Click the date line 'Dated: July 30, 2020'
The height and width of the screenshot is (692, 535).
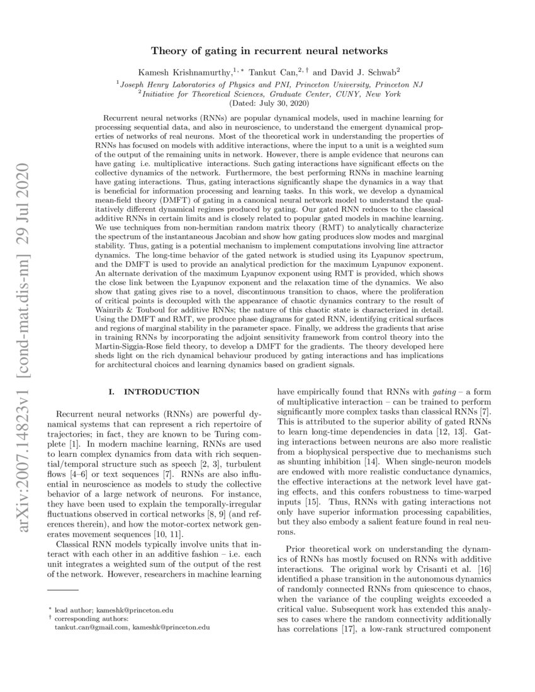(267, 102)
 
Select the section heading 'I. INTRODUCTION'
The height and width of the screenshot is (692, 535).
(154, 392)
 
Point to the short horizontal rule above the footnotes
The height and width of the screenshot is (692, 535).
(63, 590)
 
